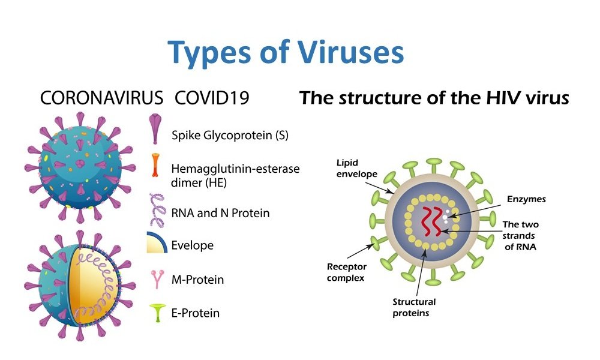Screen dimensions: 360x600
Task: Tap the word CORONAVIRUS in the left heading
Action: click(x=101, y=98)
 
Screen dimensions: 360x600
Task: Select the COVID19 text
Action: click(x=212, y=98)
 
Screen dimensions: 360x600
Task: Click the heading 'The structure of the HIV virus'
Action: click(x=434, y=98)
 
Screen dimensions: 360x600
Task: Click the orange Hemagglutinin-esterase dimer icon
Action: click(x=155, y=165)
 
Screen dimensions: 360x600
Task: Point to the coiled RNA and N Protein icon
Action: click(x=155, y=210)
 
